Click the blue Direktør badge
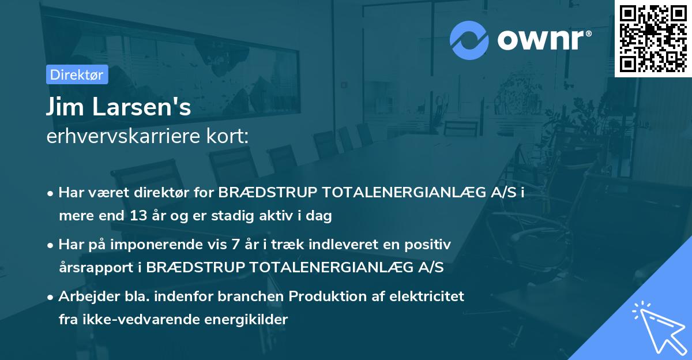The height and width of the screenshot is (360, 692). [77, 74]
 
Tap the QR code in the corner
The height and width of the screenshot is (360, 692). [653, 38]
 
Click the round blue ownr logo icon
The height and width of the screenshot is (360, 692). [469, 40]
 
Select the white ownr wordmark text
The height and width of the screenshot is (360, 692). [544, 40]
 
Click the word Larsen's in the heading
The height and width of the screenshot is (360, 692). [141, 107]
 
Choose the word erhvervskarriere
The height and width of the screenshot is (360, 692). [123, 136]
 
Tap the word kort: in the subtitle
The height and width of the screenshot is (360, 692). [228, 136]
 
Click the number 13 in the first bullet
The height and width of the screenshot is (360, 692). [138, 215]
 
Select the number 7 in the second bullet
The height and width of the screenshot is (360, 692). [235, 245]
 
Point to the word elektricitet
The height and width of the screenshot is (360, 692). [427, 296]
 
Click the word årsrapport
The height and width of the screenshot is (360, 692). [96, 268]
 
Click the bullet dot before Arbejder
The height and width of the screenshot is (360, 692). [50, 297]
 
